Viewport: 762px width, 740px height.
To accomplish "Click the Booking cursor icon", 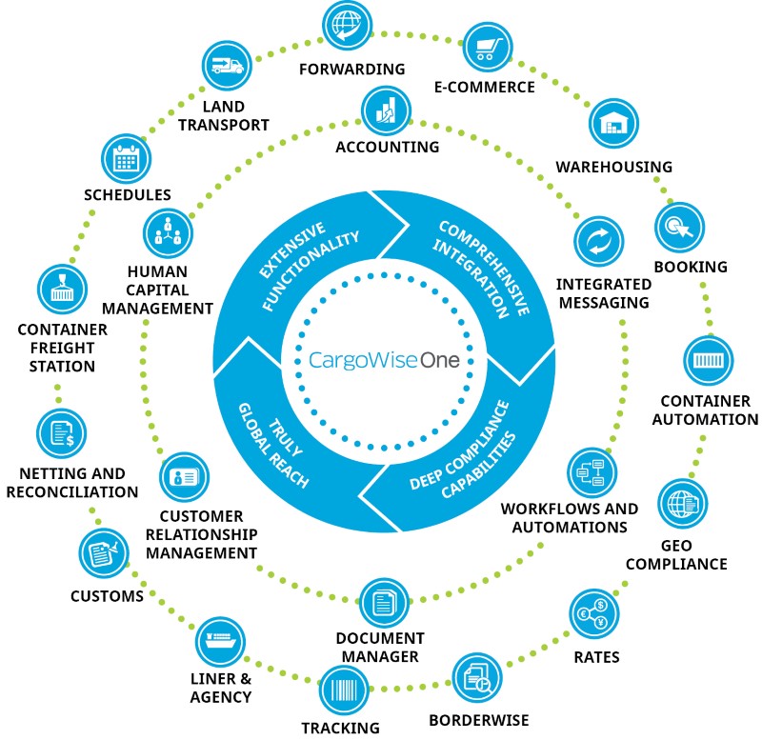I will click(x=679, y=225).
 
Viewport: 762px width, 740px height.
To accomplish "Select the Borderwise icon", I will click(x=477, y=676).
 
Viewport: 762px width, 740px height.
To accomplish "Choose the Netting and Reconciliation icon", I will click(x=62, y=432).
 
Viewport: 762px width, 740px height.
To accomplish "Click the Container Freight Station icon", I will click(x=61, y=290).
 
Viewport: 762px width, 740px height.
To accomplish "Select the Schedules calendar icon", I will click(x=126, y=158).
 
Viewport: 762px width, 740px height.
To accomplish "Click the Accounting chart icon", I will click(x=386, y=109).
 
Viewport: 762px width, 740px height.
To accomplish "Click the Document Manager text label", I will click(x=380, y=647).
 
